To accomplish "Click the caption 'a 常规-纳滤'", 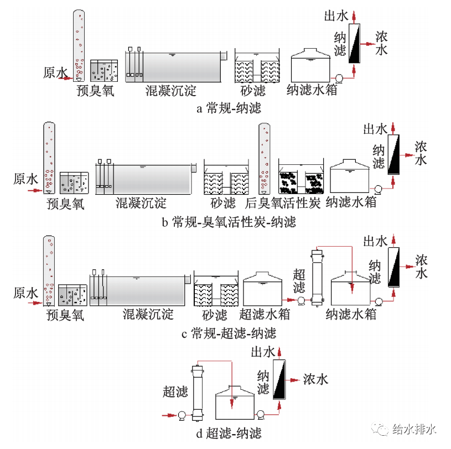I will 229,108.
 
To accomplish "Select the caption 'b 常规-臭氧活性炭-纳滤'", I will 229,222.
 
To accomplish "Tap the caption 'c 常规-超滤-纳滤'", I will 229,333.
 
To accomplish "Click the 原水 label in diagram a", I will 55,72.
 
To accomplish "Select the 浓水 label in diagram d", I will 315,379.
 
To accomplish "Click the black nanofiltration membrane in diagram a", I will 354,43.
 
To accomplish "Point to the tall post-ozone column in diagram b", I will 265,158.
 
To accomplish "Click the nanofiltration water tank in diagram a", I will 311,67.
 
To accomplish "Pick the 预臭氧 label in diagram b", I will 65,203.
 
